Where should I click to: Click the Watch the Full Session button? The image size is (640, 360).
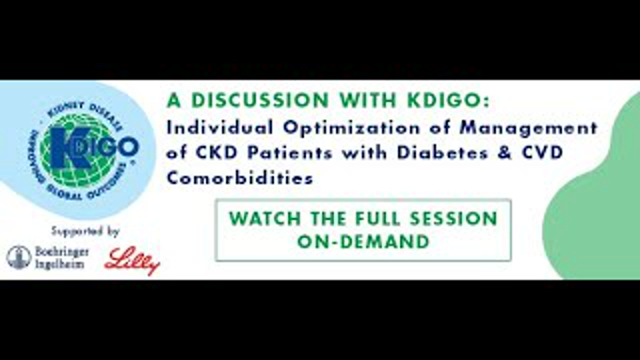[362, 230]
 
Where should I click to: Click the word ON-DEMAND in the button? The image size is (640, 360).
[362, 241]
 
